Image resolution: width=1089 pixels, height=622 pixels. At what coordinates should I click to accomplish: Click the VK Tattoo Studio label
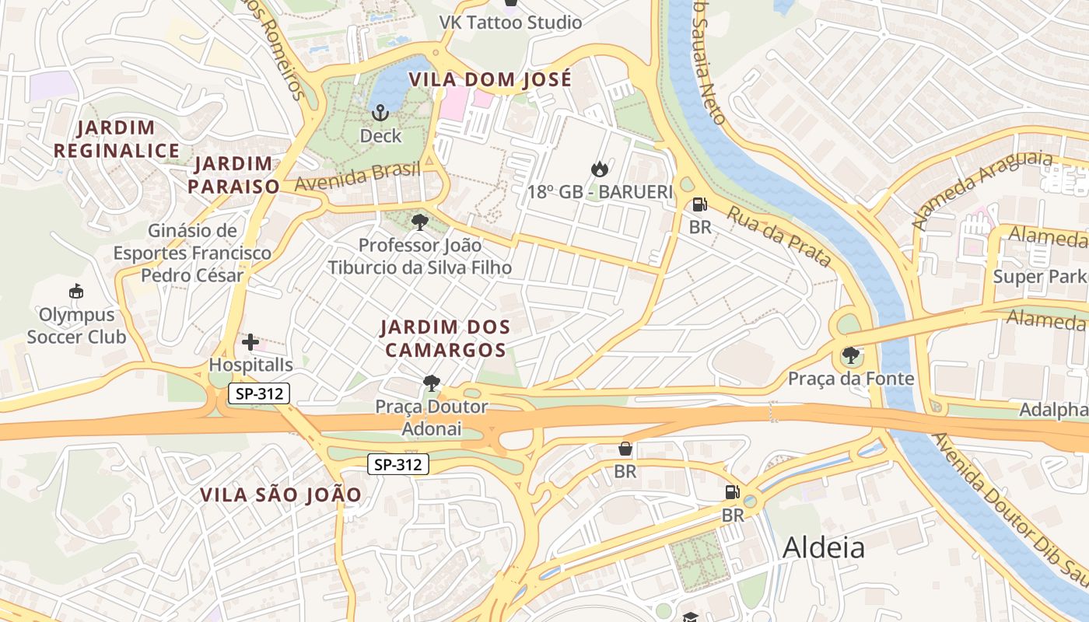coord(510,23)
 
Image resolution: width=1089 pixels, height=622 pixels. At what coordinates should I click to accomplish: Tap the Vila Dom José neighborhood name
coord(490,79)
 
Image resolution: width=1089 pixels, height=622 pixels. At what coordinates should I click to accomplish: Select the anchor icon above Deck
coord(380,114)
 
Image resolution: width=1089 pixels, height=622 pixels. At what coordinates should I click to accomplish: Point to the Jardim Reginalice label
coord(117,139)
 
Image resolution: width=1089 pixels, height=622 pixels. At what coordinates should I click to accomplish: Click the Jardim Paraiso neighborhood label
coord(233,175)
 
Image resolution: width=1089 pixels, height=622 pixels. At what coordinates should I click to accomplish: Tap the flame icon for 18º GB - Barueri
coord(599,169)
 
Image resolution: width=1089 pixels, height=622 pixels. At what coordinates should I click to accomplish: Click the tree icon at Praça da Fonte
coord(850,355)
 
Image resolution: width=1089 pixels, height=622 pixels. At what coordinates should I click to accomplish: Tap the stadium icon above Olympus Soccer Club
coord(76,292)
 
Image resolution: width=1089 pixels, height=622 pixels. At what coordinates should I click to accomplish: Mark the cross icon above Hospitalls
coord(250,342)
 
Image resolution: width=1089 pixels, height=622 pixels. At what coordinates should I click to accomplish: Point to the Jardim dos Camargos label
coord(446,338)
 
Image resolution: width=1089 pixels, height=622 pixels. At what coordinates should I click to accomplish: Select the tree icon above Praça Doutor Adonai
coord(431,383)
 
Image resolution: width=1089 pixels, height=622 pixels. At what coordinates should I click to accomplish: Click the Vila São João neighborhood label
coord(281,494)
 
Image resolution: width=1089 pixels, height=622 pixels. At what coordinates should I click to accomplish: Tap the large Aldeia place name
coord(823,547)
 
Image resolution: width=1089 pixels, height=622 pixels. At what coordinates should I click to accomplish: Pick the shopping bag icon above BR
coord(625,449)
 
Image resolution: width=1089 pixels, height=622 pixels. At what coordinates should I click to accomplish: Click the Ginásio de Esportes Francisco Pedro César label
coord(192,253)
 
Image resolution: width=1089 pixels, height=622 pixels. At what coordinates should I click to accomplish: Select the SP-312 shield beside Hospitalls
coord(258,394)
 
